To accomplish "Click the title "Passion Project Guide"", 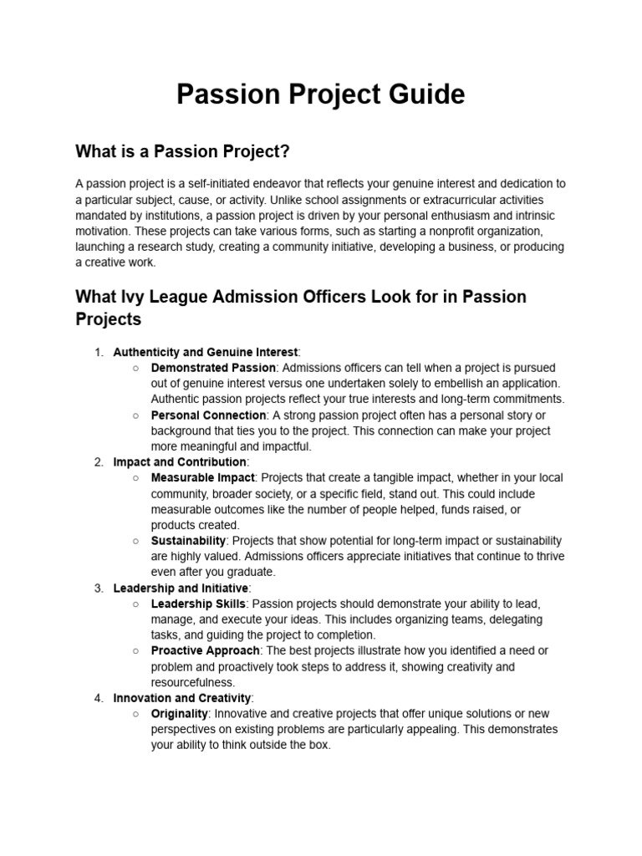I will pyautogui.click(x=320, y=94).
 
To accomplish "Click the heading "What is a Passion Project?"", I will pyautogui.click(x=182, y=151).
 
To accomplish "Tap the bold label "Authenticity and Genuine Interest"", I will pyautogui.click(x=205, y=352).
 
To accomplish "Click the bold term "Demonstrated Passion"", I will pyautogui.click(x=212, y=368).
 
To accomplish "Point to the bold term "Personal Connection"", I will pyautogui.click(x=208, y=415).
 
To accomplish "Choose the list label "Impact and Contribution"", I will pyautogui.click(x=180, y=462).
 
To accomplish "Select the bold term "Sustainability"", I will pyautogui.click(x=188, y=541).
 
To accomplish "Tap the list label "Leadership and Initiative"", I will pyautogui.click(x=181, y=588).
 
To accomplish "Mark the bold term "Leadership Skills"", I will pyautogui.click(x=198, y=604).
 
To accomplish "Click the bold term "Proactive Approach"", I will pyautogui.click(x=206, y=650).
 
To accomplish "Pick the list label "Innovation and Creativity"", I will pyautogui.click(x=181, y=698).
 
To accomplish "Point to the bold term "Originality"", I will pyautogui.click(x=179, y=714).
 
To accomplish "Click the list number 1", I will pyautogui.click(x=99, y=352).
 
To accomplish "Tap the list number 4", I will pyautogui.click(x=99, y=698).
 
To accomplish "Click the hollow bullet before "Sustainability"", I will pyautogui.click(x=136, y=541).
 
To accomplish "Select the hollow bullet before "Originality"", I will pyautogui.click(x=136, y=714).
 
